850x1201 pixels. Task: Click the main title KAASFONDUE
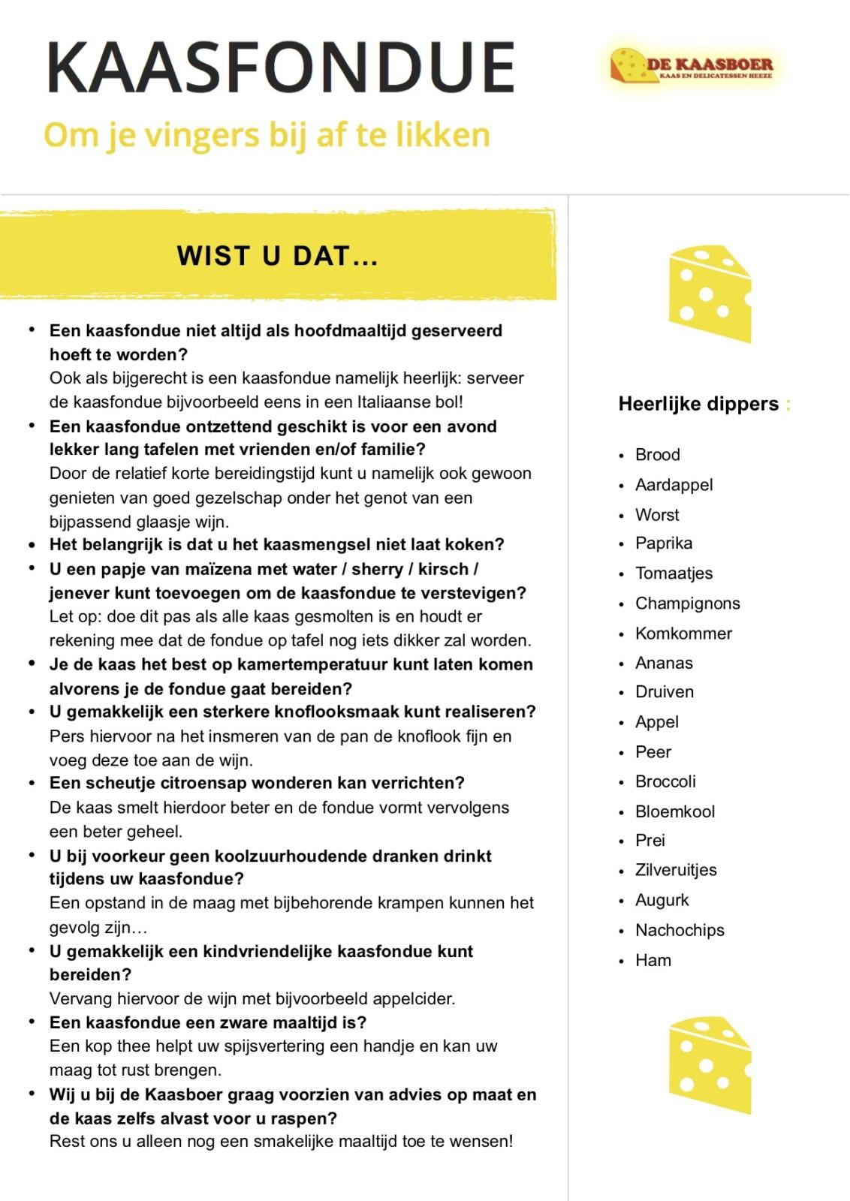pos(281,67)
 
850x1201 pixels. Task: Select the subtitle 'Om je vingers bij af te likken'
pos(267,135)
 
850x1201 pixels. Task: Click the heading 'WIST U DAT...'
pos(277,257)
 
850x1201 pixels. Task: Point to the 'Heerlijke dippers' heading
pos(698,404)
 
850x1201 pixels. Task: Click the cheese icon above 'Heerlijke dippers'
pos(710,293)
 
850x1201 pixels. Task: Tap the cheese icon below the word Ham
pos(710,1065)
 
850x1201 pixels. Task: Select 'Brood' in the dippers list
pos(657,455)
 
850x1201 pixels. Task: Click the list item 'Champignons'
pos(687,604)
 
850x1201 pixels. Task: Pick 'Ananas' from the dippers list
pos(664,663)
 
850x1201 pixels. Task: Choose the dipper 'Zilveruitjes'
pos(676,870)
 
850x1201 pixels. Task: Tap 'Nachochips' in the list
pos(680,930)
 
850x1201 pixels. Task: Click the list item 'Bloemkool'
pos(675,811)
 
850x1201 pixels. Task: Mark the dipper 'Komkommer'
pos(683,634)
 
